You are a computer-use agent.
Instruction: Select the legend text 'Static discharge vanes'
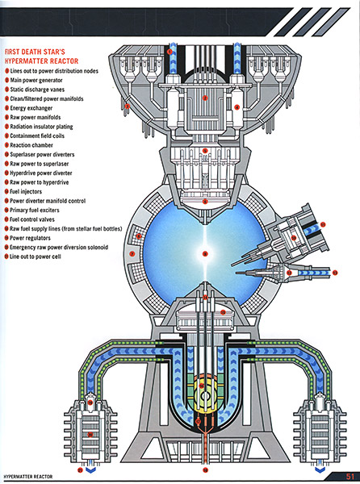44,90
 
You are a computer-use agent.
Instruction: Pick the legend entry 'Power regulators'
36,236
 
